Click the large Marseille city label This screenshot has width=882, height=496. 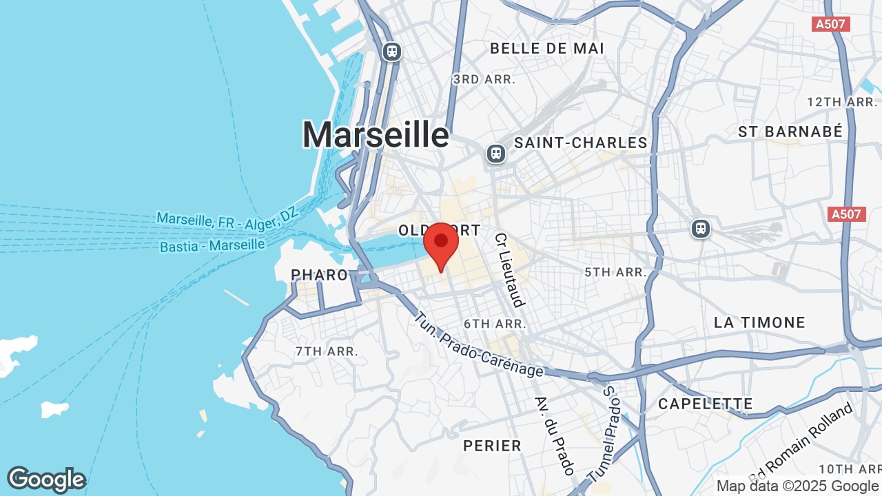tap(376, 134)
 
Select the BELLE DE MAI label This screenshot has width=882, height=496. tap(546, 48)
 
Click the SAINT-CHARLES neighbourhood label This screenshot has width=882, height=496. tap(581, 143)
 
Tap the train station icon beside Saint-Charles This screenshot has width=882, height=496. tap(496, 153)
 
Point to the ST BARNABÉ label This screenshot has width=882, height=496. tap(790, 132)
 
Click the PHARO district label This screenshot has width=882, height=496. tap(319, 275)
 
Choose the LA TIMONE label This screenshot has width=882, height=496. tap(759, 322)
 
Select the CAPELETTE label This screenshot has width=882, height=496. tap(706, 404)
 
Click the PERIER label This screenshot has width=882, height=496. tap(492, 446)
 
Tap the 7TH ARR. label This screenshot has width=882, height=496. tap(327, 351)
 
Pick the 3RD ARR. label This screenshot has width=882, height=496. tap(484, 80)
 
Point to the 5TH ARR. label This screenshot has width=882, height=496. tap(615, 272)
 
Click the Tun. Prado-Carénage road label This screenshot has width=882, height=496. tap(479, 345)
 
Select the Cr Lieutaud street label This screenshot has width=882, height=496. tap(509, 269)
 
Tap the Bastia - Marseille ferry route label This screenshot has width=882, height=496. tap(212, 245)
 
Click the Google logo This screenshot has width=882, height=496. tap(46, 479)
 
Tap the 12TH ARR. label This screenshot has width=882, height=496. tap(841, 102)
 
